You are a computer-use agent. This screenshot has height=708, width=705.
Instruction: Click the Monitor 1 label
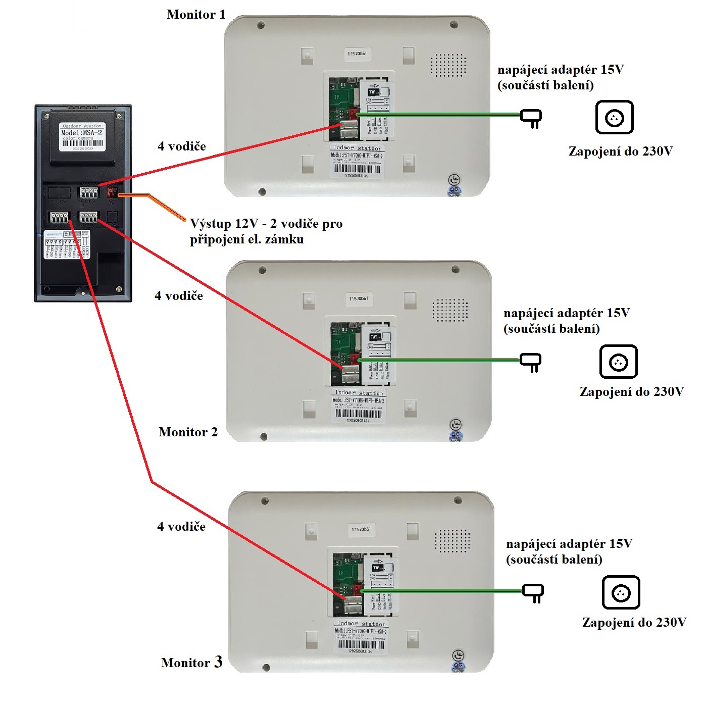point(196,15)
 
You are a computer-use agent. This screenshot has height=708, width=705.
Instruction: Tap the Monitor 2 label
point(188,432)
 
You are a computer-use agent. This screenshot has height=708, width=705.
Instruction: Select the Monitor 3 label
point(191,663)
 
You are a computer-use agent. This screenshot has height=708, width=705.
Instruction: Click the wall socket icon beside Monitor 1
point(614,117)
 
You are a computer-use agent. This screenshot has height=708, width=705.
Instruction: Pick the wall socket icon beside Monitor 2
point(618,362)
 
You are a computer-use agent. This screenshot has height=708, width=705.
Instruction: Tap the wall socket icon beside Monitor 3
point(621,592)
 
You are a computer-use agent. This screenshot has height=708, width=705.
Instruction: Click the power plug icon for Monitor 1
point(531,118)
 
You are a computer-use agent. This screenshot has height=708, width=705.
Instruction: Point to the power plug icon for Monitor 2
point(531,362)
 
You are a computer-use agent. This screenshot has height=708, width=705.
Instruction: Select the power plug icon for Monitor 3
point(533,592)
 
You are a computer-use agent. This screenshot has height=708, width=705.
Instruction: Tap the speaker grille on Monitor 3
point(452,541)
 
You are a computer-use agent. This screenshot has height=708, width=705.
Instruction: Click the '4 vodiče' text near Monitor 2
point(179,296)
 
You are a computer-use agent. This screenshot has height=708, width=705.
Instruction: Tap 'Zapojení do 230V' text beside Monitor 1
point(621,151)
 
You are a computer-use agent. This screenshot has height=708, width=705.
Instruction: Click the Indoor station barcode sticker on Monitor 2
point(359,406)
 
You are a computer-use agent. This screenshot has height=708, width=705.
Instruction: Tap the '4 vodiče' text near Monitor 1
point(182,146)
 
